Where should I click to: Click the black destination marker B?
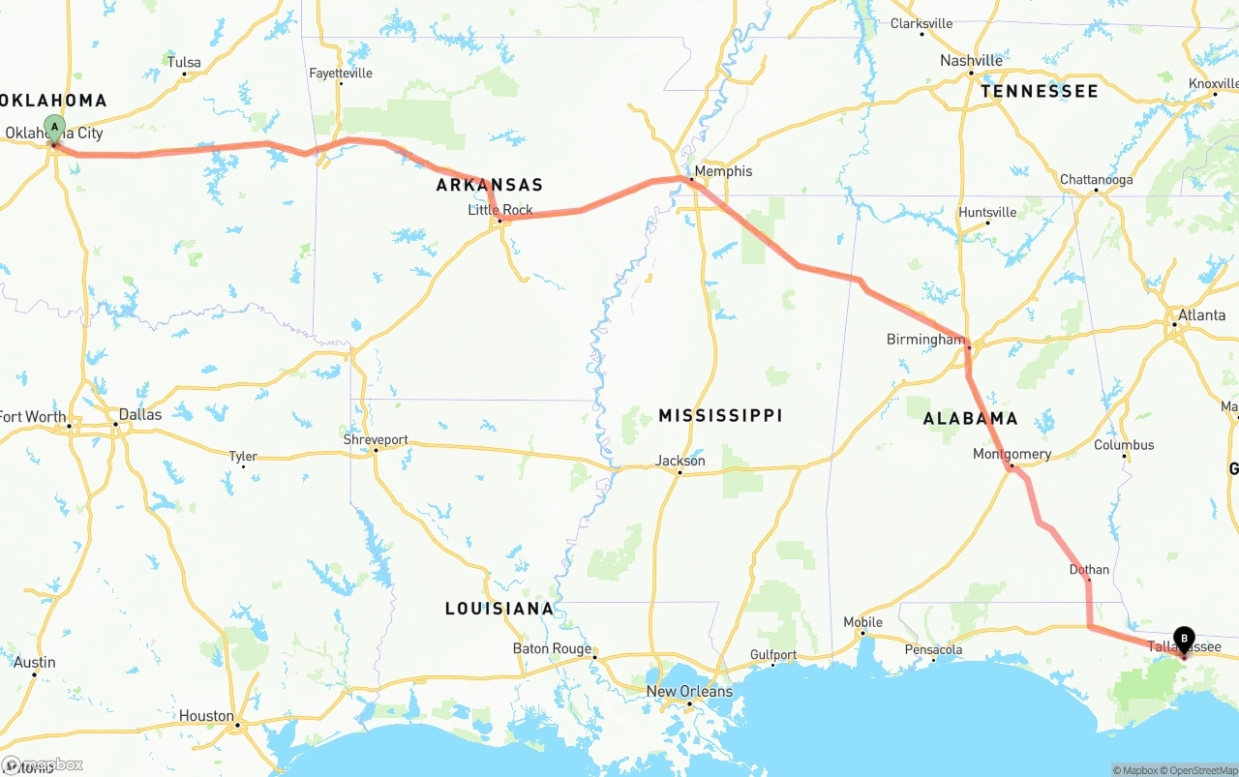[x=1184, y=639]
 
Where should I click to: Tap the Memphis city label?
[x=722, y=171]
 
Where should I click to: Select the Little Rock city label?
[x=500, y=210]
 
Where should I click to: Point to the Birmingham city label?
[x=925, y=340]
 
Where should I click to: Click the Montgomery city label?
[x=1012, y=454]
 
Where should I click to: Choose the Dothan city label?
[x=1089, y=569]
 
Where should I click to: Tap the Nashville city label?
[x=971, y=60]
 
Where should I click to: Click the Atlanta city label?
[x=1201, y=314]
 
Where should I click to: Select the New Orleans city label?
[x=690, y=691]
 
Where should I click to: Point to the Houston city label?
[x=206, y=716]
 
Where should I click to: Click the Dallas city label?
[x=139, y=414]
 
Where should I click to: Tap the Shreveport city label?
[x=376, y=439]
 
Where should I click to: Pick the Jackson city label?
[x=680, y=461]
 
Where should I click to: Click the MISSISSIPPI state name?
[x=720, y=415]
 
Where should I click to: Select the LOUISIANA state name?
[x=499, y=609]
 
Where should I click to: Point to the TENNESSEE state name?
[x=1039, y=91]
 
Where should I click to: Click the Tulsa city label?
[x=184, y=62]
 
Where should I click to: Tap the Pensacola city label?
[x=933, y=649]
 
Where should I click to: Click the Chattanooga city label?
[x=1096, y=179]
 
